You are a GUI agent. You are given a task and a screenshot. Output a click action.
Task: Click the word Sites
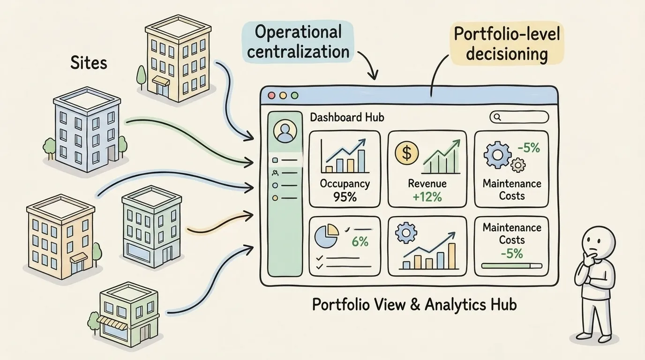point(89,63)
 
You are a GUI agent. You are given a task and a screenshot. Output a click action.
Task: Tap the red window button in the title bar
point(271,95)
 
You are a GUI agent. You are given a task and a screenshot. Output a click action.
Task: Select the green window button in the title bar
point(294,95)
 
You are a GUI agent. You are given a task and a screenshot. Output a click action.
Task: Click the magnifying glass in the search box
point(497,117)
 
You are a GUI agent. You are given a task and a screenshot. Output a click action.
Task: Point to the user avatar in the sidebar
point(285,131)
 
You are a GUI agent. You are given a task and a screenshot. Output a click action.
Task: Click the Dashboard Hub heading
point(347,118)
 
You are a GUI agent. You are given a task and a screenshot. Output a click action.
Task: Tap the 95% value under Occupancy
point(345,197)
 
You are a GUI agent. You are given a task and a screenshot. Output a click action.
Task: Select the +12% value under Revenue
point(427,197)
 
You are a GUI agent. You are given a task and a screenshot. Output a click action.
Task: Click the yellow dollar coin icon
point(406,153)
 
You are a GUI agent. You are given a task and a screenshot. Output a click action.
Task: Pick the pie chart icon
point(327,236)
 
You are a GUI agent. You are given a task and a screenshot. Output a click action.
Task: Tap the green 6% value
point(360,241)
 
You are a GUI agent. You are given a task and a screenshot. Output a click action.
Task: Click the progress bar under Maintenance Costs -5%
point(512,266)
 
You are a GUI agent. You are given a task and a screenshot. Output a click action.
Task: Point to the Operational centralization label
point(298,42)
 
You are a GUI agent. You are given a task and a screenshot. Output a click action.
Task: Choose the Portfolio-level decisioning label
point(507,44)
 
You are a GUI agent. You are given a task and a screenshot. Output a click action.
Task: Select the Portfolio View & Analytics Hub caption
point(414,304)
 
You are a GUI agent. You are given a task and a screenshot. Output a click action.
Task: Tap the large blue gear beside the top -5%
point(497,155)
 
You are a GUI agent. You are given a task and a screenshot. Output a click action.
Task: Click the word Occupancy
point(345,184)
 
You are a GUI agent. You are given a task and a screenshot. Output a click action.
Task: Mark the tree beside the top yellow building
point(142,75)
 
